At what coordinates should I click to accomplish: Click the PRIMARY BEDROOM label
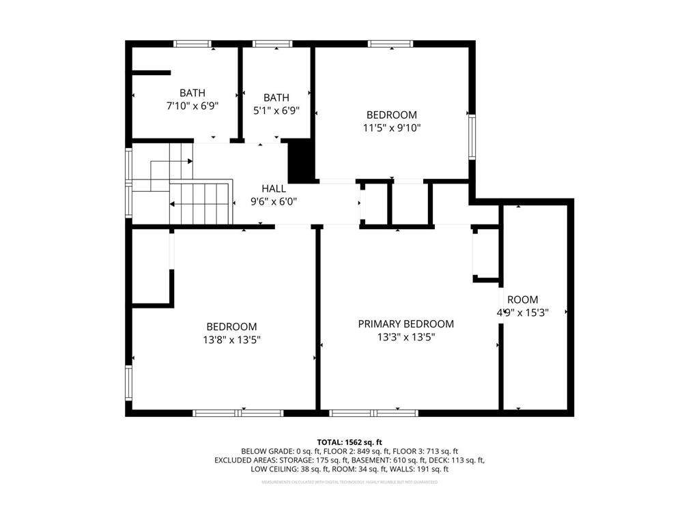click(x=405, y=324)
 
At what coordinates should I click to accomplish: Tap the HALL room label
click(x=274, y=188)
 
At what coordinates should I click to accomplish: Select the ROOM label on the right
click(x=522, y=300)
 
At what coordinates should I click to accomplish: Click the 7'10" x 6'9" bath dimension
click(x=192, y=106)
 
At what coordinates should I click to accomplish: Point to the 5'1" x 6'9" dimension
click(x=272, y=111)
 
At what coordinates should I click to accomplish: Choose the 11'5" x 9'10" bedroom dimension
click(x=391, y=128)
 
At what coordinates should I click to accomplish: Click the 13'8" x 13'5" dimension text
click(x=231, y=340)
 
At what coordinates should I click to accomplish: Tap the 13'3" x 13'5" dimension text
click(x=405, y=337)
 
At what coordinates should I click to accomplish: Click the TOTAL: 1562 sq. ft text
click(x=349, y=442)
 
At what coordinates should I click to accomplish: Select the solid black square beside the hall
click(x=300, y=160)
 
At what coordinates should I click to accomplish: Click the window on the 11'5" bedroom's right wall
click(x=472, y=136)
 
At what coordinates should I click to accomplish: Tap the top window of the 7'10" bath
click(x=192, y=44)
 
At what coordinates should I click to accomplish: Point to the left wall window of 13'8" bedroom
click(x=128, y=383)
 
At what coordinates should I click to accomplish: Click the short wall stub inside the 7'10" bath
click(x=151, y=72)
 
